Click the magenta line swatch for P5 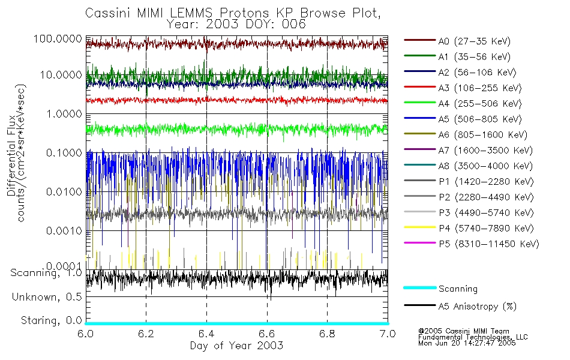419,244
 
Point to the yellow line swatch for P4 419,228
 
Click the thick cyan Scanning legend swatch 419,288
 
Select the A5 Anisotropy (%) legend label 477,307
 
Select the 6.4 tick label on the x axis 206,334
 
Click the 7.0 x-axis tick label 388,334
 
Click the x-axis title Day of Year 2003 236,346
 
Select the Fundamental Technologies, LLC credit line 473,337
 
